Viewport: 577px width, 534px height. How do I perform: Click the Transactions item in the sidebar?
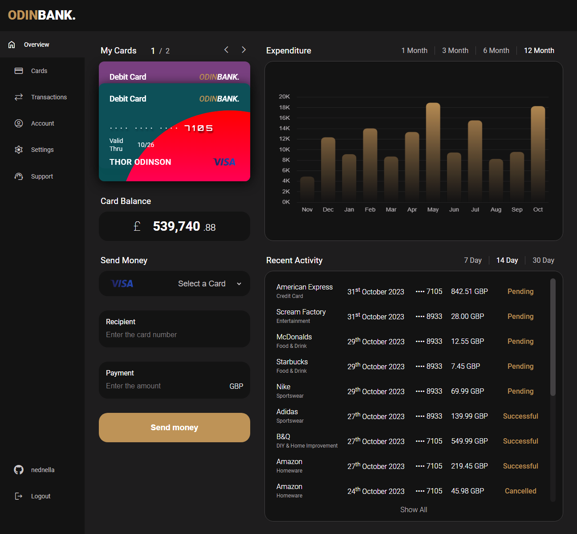tap(49, 97)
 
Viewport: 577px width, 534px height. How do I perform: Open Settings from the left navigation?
tap(42, 150)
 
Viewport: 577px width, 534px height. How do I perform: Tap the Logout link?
tap(40, 496)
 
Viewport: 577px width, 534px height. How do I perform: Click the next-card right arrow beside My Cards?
tap(244, 50)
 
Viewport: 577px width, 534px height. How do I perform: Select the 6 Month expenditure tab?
tap(496, 50)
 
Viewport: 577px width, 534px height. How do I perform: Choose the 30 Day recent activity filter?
tap(543, 260)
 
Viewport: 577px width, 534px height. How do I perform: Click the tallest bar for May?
tap(433, 151)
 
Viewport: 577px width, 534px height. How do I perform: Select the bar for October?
tap(538, 153)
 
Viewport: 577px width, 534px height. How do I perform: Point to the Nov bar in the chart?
tap(307, 189)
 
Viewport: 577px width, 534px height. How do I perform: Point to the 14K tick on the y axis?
tap(284, 128)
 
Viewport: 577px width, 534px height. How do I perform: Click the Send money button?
tap(174, 428)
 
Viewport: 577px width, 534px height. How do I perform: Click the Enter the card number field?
tap(174, 334)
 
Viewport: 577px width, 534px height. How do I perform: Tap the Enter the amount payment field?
tap(165, 386)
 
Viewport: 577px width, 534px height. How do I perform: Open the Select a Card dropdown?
tap(209, 284)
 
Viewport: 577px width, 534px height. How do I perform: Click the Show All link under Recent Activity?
tap(413, 510)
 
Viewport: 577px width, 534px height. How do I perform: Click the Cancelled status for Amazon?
tap(520, 491)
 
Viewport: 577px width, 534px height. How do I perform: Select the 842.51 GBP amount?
tap(469, 291)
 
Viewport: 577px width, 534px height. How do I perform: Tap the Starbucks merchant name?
tap(292, 362)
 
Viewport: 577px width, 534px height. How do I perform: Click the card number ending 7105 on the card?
tap(199, 128)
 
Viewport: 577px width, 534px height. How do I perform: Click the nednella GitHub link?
tap(42, 470)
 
